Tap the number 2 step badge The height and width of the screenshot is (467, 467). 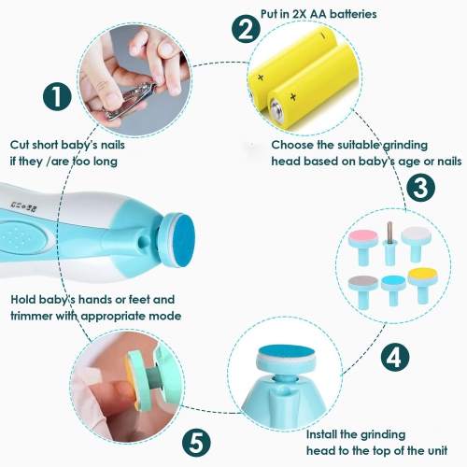click(246, 29)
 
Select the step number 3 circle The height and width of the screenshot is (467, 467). click(421, 187)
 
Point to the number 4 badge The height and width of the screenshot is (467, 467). click(396, 356)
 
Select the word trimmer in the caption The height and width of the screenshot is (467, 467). click(36, 316)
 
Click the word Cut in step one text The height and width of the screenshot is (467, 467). click(21, 145)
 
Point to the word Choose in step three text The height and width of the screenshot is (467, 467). click(293, 145)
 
